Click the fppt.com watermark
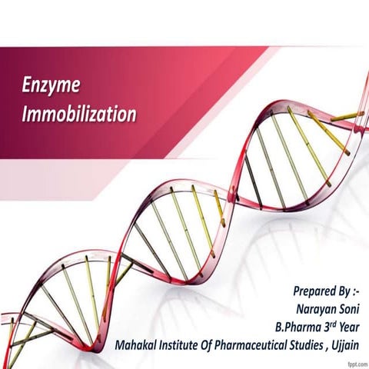click(x=355, y=363)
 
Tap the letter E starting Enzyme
click(x=27, y=85)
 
